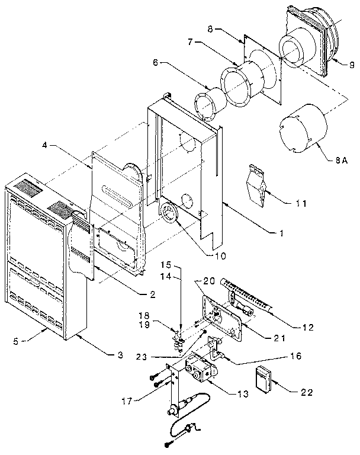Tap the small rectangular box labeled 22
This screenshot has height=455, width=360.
click(x=262, y=378)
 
